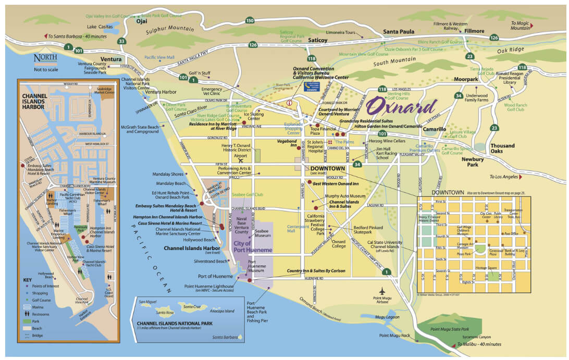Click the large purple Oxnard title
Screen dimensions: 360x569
[401, 107]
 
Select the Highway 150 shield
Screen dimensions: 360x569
[250, 20]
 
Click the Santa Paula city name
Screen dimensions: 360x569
[399, 32]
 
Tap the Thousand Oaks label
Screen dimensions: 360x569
[502, 149]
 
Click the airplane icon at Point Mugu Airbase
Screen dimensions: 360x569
[384, 290]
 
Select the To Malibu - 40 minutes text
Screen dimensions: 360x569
[479, 344]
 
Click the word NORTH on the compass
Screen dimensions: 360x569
[45, 58]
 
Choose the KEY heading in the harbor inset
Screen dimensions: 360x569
[27, 279]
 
